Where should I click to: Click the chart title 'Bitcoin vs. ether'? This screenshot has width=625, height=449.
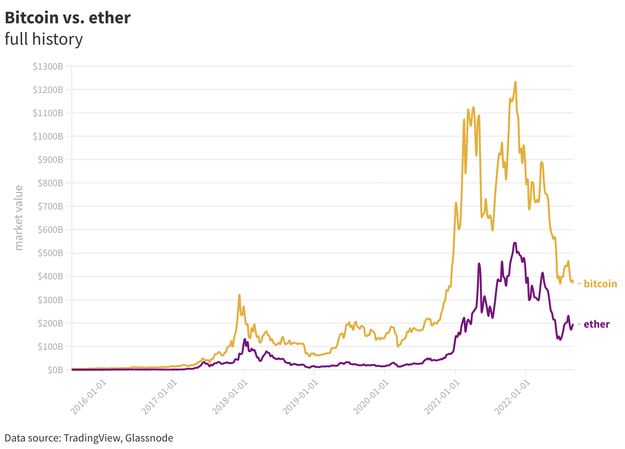point(68,18)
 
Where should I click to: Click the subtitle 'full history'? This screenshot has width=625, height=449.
point(44,39)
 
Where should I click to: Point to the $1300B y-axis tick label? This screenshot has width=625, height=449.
point(48,66)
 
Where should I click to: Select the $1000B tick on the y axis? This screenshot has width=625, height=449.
point(48,136)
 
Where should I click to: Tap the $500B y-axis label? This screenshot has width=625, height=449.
point(50,253)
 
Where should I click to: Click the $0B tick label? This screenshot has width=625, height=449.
point(55,370)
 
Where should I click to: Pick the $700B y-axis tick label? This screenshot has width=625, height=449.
point(50,206)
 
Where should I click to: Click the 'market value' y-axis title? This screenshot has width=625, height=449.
point(19,217)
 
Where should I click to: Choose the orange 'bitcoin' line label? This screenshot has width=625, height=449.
point(600,284)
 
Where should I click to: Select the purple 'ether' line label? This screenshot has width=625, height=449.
point(597,324)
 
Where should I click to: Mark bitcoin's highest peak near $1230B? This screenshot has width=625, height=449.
point(515,82)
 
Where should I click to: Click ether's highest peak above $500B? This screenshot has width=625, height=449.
point(515,243)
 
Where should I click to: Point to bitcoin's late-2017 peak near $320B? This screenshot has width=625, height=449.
point(239,295)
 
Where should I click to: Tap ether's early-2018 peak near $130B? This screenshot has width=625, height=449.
point(245,339)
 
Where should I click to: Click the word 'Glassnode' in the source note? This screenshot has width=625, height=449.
point(149,438)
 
